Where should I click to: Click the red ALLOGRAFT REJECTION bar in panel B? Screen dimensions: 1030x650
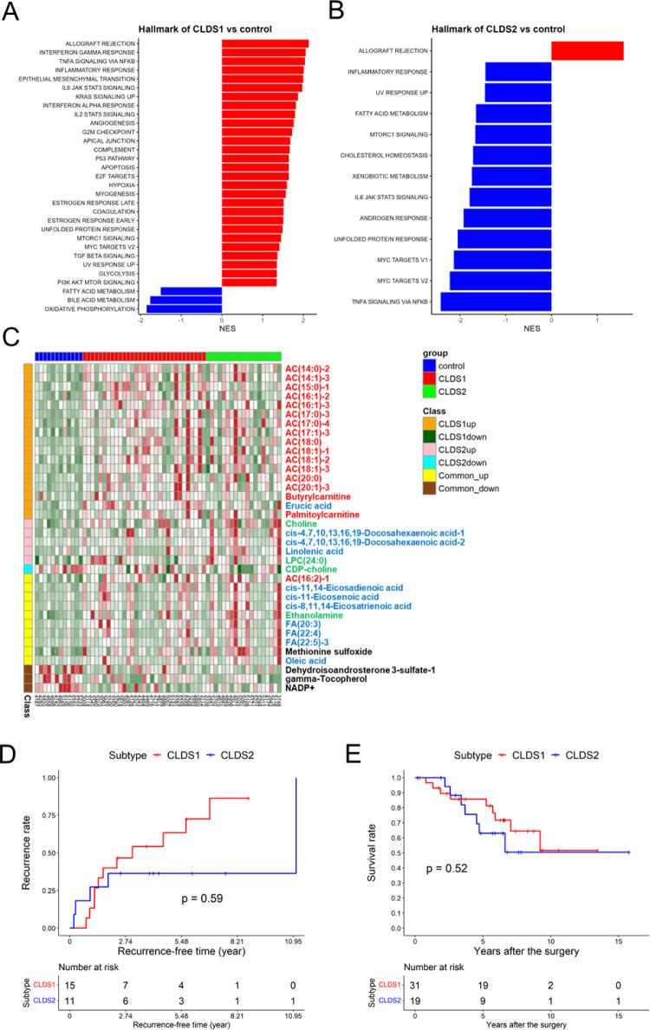tap(587, 51)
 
